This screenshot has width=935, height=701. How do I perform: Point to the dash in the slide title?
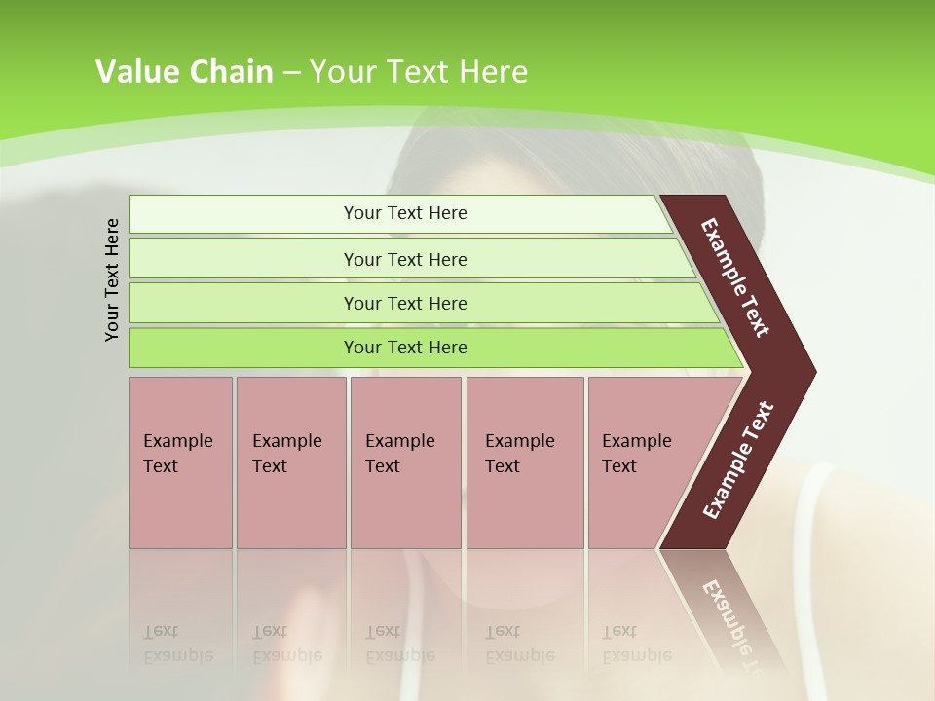pyautogui.click(x=291, y=73)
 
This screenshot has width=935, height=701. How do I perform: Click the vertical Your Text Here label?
pyautogui.click(x=113, y=279)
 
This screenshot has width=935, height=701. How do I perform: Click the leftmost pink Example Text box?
pyautogui.click(x=180, y=462)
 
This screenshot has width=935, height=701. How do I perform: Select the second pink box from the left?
pyautogui.click(x=290, y=462)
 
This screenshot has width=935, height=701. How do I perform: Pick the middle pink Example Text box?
pyautogui.click(x=405, y=462)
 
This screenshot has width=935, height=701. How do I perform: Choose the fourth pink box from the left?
pyautogui.click(x=525, y=462)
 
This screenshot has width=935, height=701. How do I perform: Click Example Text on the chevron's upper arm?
pyautogui.click(x=735, y=277)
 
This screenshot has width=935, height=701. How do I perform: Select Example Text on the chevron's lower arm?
pyautogui.click(x=737, y=461)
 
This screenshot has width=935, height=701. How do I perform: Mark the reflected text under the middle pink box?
pyautogui.click(x=399, y=644)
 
